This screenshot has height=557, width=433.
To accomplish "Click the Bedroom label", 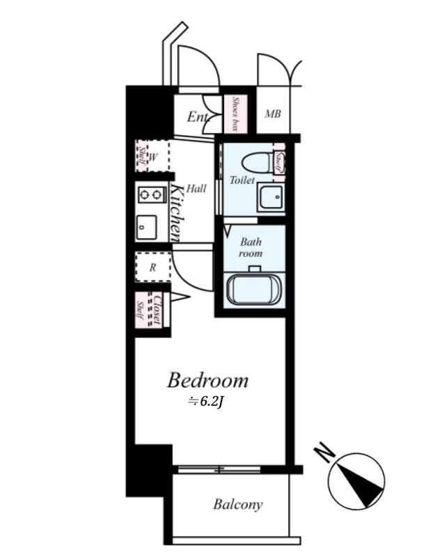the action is tap(207, 380).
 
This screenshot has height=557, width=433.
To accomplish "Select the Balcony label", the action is tap(238, 504).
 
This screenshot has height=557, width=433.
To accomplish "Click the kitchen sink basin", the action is tap(147, 228).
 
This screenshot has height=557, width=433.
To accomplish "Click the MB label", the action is tap(273, 114).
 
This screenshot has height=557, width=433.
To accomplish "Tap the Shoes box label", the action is tap(235, 113).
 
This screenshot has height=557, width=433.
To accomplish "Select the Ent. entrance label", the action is tap(198, 116).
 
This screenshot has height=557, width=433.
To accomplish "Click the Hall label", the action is tap(196, 188).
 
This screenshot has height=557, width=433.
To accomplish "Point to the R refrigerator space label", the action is tap(152, 267).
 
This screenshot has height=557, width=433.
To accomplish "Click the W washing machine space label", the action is tap(153, 157).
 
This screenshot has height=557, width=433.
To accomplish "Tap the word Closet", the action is tap(157, 309).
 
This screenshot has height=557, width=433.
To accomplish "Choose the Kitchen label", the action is tap(177, 212).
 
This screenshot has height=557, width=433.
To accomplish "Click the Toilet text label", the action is tap(243, 180).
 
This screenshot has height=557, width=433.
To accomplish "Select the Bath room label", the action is tap(251, 248).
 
